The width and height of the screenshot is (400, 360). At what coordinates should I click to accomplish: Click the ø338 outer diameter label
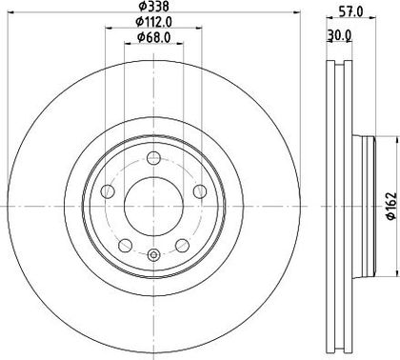(153, 6)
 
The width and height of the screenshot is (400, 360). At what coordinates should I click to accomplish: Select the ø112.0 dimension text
(153, 22)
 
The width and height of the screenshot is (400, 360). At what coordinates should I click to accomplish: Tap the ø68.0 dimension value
(154, 37)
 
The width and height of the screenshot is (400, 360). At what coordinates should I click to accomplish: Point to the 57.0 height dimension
(350, 12)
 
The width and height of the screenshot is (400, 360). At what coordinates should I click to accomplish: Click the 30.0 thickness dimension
(339, 36)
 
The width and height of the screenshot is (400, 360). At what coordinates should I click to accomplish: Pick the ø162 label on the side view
(391, 206)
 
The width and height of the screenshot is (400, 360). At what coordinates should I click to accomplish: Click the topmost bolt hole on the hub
(154, 158)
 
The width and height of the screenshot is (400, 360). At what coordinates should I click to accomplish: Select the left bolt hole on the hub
(108, 191)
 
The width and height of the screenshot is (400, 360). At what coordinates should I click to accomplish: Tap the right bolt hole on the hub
(200, 191)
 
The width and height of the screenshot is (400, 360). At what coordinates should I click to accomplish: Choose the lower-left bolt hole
(125, 245)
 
